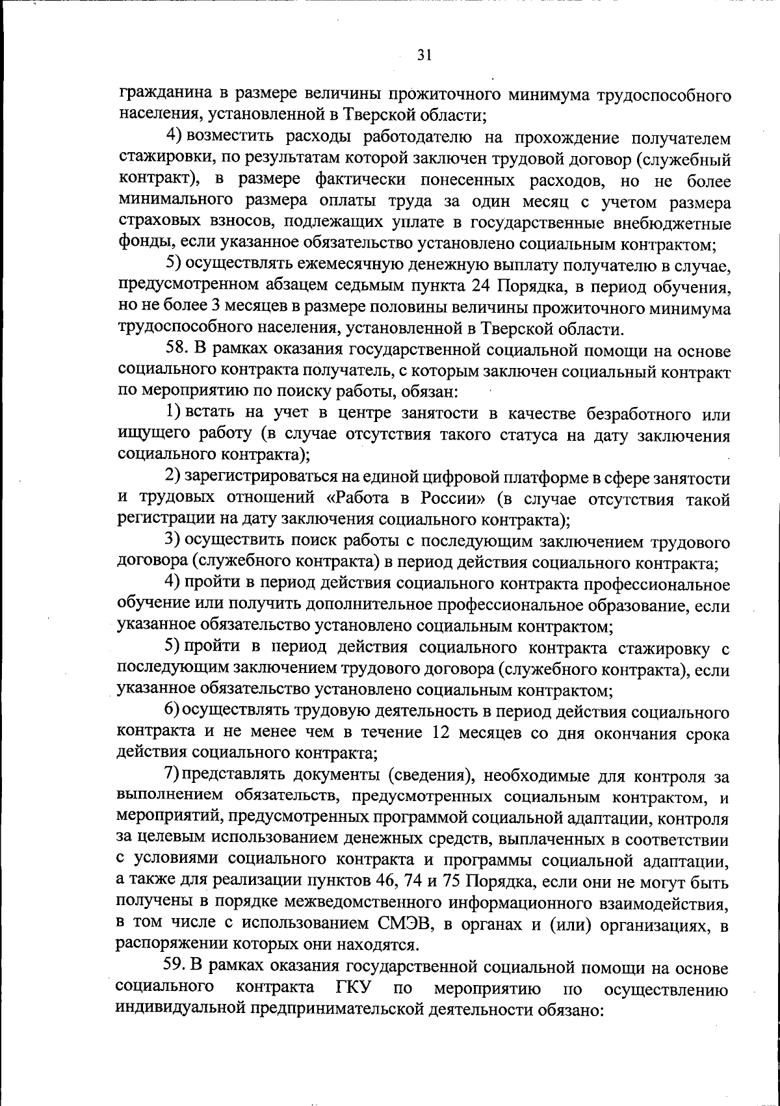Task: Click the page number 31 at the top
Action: point(423,55)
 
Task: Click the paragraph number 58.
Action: point(176,350)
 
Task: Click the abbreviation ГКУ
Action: point(353,987)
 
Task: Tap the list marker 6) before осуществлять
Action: point(172,712)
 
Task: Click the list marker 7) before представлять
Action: point(172,776)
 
